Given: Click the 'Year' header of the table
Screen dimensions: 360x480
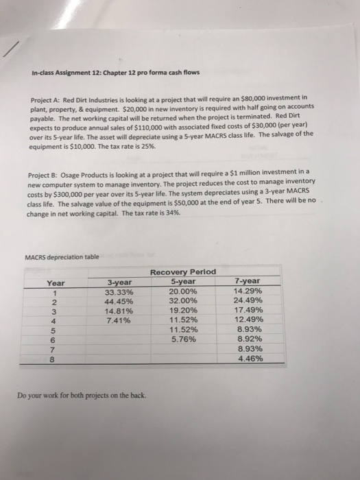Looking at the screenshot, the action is pos(56,283).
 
